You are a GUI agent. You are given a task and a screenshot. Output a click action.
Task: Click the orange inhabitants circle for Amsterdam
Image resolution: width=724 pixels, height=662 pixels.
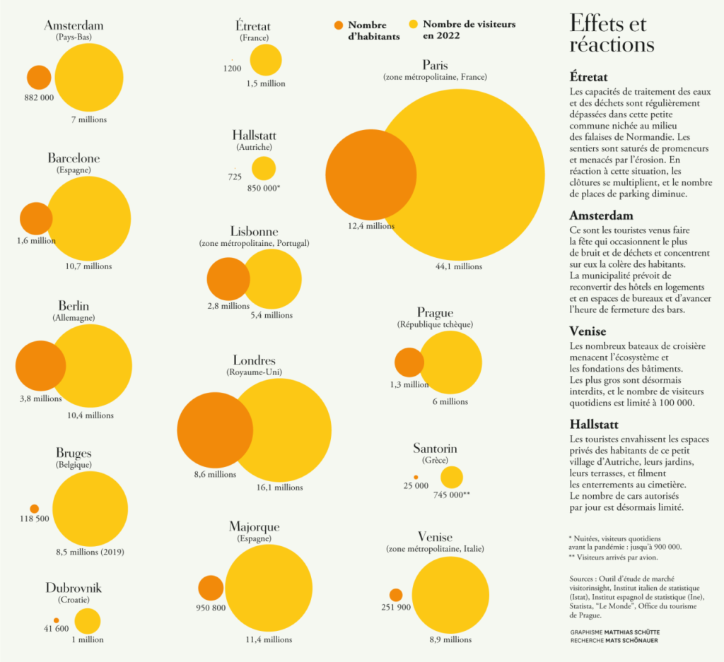(x=39, y=77)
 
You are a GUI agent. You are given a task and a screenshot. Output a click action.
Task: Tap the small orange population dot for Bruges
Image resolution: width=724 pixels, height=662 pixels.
(x=34, y=509)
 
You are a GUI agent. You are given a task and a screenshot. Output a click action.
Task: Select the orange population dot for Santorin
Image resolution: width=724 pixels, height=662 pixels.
(x=416, y=478)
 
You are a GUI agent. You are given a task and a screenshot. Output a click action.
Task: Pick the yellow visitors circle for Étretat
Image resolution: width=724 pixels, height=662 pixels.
(x=266, y=60)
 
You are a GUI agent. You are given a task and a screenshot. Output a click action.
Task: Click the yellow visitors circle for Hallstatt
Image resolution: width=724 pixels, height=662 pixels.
(x=264, y=168)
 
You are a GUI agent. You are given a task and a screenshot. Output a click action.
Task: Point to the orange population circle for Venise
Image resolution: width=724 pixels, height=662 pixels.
(x=396, y=595)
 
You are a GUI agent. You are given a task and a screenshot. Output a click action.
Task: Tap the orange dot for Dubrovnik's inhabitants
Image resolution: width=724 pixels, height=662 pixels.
(x=56, y=621)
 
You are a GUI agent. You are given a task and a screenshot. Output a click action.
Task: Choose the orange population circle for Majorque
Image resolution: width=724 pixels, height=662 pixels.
(x=211, y=588)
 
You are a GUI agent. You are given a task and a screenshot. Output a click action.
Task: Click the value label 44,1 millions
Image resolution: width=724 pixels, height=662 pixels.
(x=459, y=266)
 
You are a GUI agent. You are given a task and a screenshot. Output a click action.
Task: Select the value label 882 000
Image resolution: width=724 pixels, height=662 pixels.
(x=39, y=97)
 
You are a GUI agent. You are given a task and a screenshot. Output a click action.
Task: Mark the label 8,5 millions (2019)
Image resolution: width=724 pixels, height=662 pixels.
(x=90, y=552)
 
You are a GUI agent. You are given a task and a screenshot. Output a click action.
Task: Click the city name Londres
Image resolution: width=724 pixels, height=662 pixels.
(x=254, y=361)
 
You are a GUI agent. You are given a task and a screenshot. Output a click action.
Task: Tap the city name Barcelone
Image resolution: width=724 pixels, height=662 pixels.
(x=74, y=158)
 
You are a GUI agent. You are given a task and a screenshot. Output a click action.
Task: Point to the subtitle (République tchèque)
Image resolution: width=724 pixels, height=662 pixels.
(x=435, y=324)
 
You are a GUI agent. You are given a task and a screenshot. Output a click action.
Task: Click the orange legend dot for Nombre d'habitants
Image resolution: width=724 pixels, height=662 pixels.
(x=338, y=26)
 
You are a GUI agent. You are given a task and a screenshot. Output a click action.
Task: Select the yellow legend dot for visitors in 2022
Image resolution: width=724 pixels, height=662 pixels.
(x=413, y=25)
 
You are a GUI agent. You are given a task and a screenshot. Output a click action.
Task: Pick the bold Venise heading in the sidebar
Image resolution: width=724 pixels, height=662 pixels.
(x=588, y=331)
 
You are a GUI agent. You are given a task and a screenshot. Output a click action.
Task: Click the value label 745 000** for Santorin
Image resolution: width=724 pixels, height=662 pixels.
(x=451, y=495)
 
